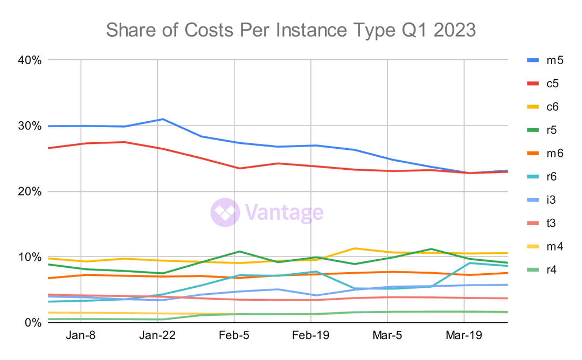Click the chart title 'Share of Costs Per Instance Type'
pos(291,30)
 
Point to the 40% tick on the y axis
pos(30,60)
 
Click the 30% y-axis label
pos(30,126)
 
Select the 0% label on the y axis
pos(33,322)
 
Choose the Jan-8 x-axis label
pos(81,335)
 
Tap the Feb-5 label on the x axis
pos(234,335)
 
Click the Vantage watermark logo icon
pos(225,212)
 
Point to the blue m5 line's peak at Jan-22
pos(163,119)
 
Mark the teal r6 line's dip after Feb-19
pos(355,289)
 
